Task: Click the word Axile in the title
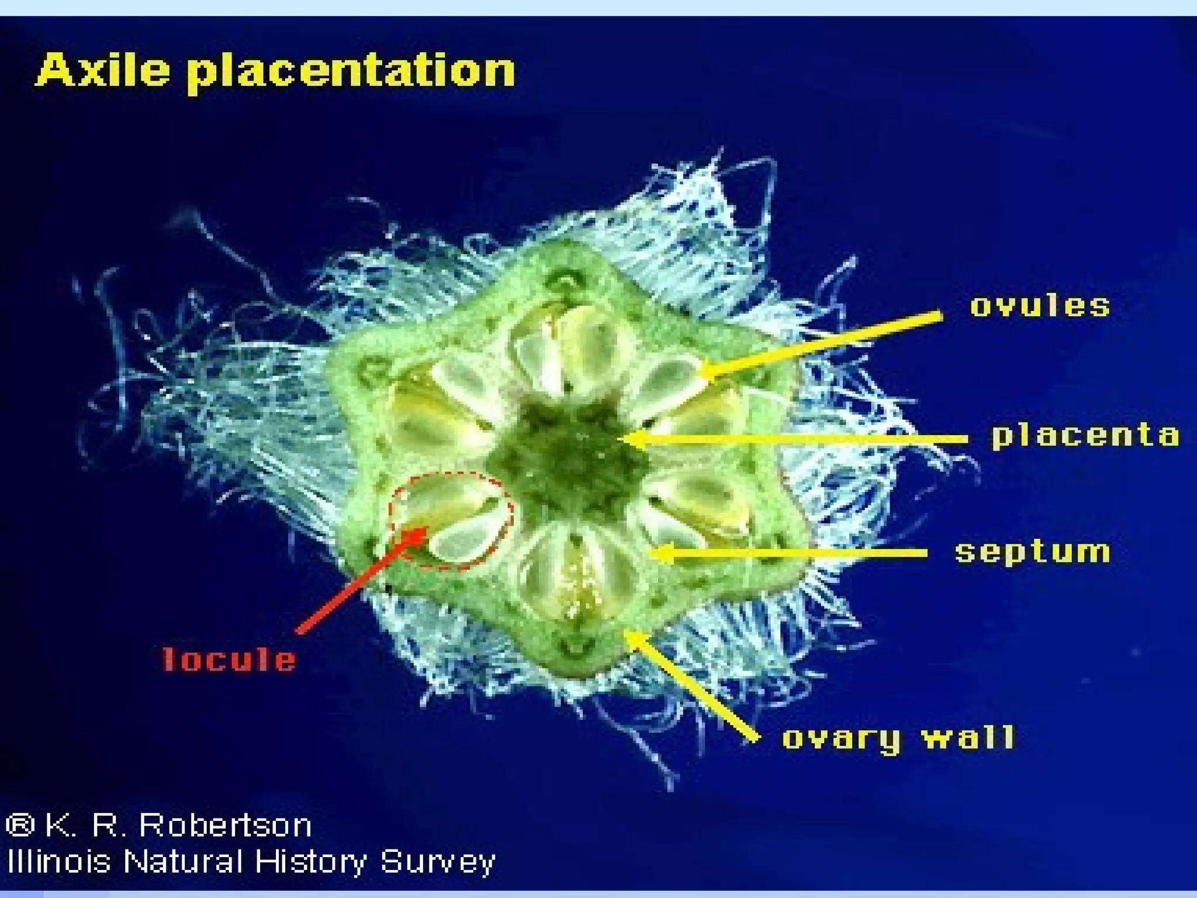click(103, 70)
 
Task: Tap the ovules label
click(1040, 306)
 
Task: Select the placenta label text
click(1085, 436)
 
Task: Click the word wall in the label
click(968, 738)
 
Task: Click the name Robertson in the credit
click(226, 826)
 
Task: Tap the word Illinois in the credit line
click(58, 862)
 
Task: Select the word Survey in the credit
click(437, 862)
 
